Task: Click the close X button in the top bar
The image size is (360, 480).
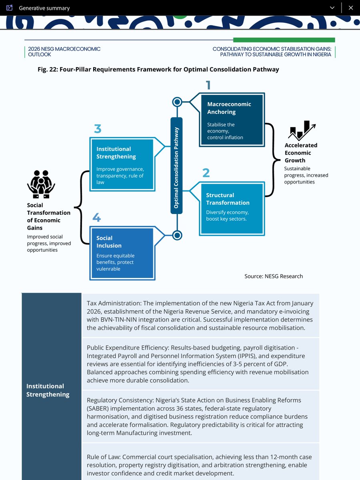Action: coord(351,8)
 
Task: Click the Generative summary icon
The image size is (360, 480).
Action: coord(10,8)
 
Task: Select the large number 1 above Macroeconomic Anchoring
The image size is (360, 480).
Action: coord(208,85)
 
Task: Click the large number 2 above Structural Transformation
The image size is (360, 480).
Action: coord(206,173)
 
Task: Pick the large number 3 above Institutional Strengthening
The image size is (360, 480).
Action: coord(98,129)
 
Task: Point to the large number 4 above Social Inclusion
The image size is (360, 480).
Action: coord(96,218)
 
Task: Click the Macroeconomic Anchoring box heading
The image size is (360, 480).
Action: coord(229,108)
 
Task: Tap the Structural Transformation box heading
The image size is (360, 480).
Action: coord(228,199)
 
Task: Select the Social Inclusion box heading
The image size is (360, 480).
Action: coord(109,242)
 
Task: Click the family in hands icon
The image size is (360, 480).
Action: coord(41,184)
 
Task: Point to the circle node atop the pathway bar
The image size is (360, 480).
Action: coord(177,102)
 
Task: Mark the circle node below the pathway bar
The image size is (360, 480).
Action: coord(177,235)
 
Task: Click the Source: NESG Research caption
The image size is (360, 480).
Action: coord(274,276)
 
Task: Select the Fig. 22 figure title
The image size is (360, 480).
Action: coord(158,70)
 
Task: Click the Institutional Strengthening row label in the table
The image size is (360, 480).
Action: coord(48,390)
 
